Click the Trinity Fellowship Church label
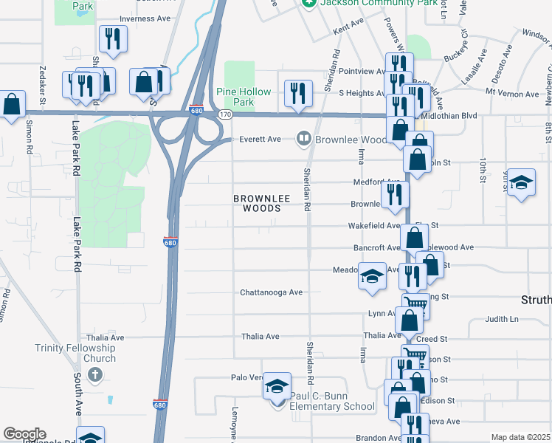(75, 353)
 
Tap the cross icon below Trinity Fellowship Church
(94, 375)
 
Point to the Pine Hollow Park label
(244, 97)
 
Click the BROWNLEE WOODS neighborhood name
(258, 203)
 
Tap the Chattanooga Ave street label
(272, 292)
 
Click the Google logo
(24, 434)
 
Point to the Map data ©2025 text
(520, 437)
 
